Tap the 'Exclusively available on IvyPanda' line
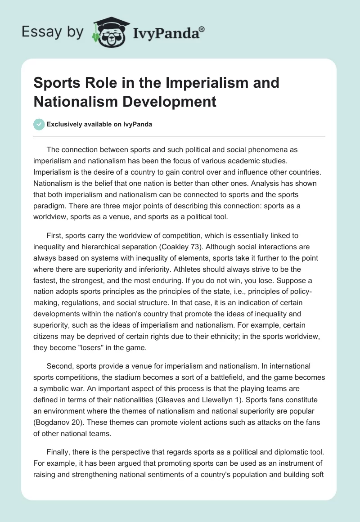click(99, 125)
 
